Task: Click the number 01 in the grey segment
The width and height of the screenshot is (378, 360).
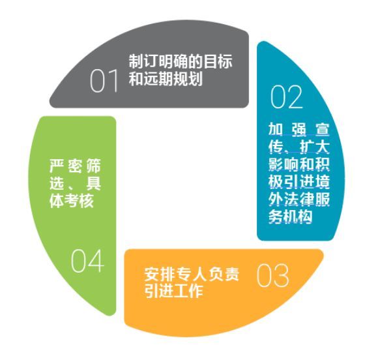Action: tap(104, 81)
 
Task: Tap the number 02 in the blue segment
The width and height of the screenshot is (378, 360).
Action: tap(286, 97)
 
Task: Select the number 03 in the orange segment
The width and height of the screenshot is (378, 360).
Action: tap(272, 275)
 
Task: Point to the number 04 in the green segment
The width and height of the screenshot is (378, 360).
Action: tap(87, 261)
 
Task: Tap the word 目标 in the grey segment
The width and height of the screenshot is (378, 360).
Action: tap(218, 61)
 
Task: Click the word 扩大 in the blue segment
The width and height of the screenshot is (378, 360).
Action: tap(315, 147)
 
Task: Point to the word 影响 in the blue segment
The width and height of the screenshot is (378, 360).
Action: tap(283, 164)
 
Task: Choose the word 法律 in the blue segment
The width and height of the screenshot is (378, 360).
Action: tap(299, 200)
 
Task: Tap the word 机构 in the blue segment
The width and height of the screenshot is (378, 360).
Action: tap(298, 217)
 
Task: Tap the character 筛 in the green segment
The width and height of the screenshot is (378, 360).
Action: tap(93, 166)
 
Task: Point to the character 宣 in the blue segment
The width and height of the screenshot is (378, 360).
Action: tap(322, 129)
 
